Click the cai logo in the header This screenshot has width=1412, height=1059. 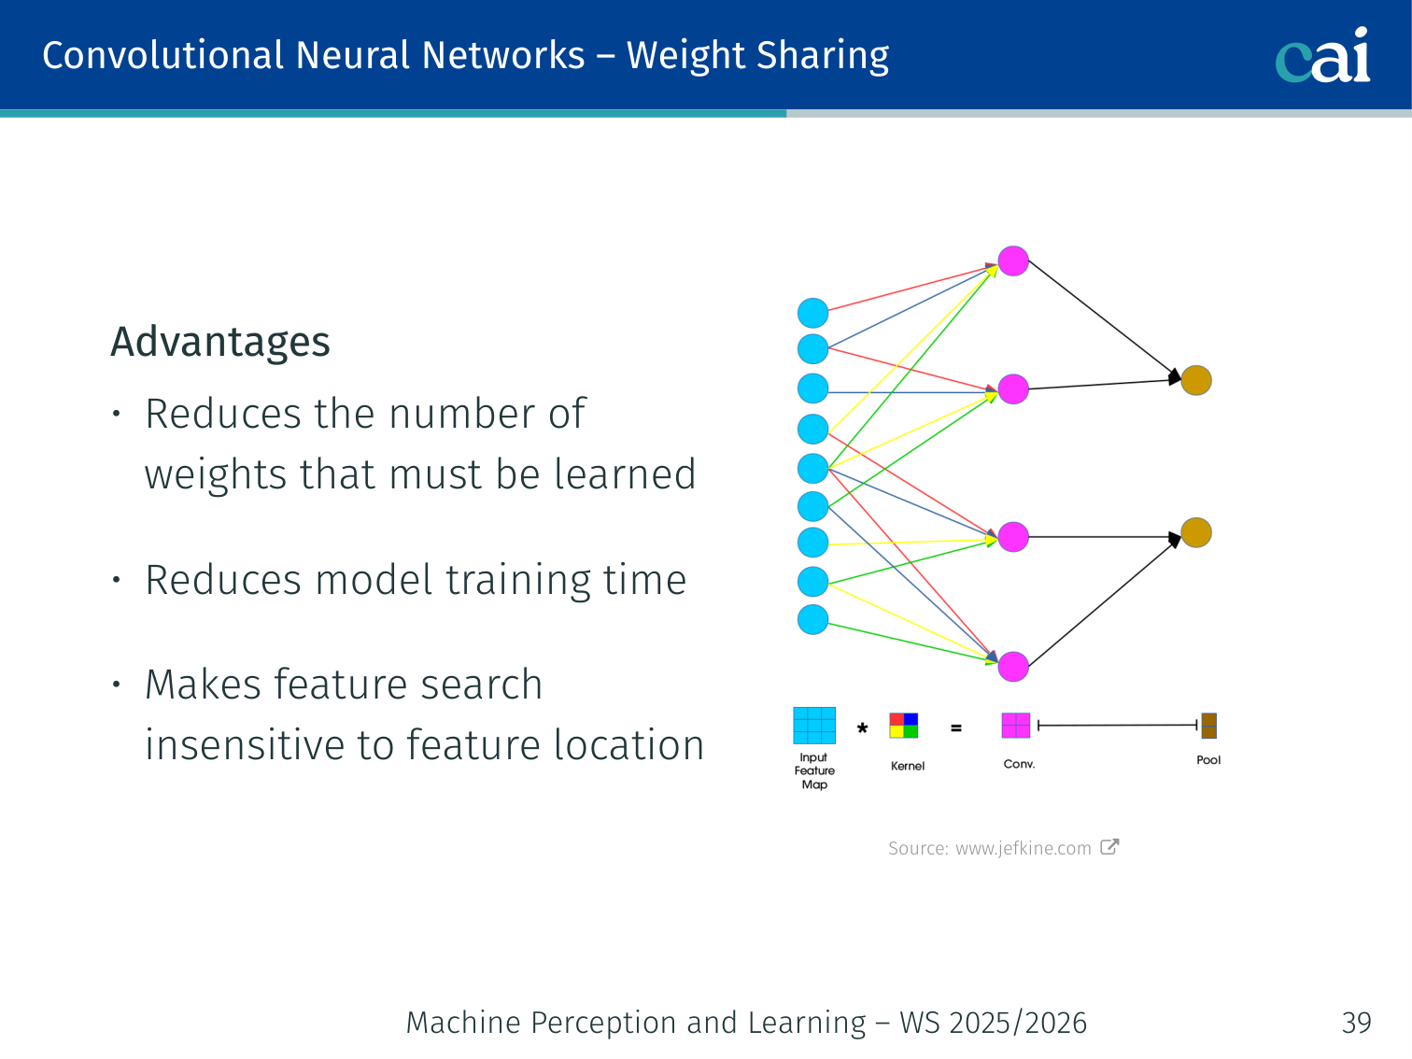(x=1322, y=56)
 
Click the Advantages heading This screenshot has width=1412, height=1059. (x=220, y=342)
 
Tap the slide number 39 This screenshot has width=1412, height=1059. (x=1356, y=1023)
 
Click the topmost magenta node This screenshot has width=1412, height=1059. (x=1013, y=261)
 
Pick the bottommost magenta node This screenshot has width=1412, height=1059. (x=1013, y=667)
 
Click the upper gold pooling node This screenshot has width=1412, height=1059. (x=1196, y=381)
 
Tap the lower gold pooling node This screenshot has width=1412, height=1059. (x=1196, y=533)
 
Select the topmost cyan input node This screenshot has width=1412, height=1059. (x=813, y=314)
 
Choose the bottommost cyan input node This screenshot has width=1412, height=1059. (x=813, y=619)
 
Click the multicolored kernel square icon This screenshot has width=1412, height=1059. (x=904, y=726)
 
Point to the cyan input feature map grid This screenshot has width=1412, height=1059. (x=814, y=726)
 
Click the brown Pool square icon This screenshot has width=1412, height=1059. (x=1208, y=726)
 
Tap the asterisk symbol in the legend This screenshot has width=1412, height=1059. (x=863, y=728)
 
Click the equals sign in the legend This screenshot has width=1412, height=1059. (x=956, y=727)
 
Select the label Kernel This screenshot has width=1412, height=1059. (x=908, y=766)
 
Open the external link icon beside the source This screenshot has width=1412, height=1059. (x=1109, y=847)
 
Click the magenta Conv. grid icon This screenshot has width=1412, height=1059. (x=1016, y=726)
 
